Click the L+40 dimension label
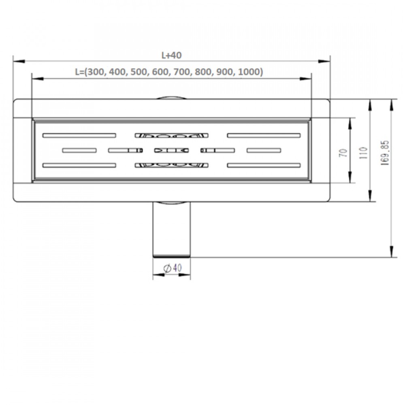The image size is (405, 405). pos(171,55)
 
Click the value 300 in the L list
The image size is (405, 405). pos(96,72)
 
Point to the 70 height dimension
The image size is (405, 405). pos(344,153)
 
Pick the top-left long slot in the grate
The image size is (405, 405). pos(79,135)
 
